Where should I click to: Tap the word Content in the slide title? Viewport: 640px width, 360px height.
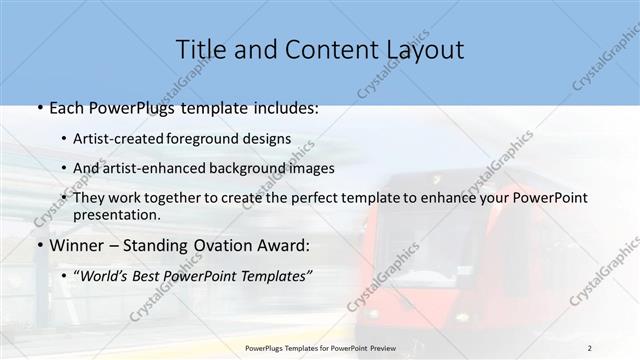(x=320, y=49)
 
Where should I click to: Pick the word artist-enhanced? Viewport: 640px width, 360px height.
(x=154, y=167)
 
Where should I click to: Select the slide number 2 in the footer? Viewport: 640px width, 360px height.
(x=590, y=347)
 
